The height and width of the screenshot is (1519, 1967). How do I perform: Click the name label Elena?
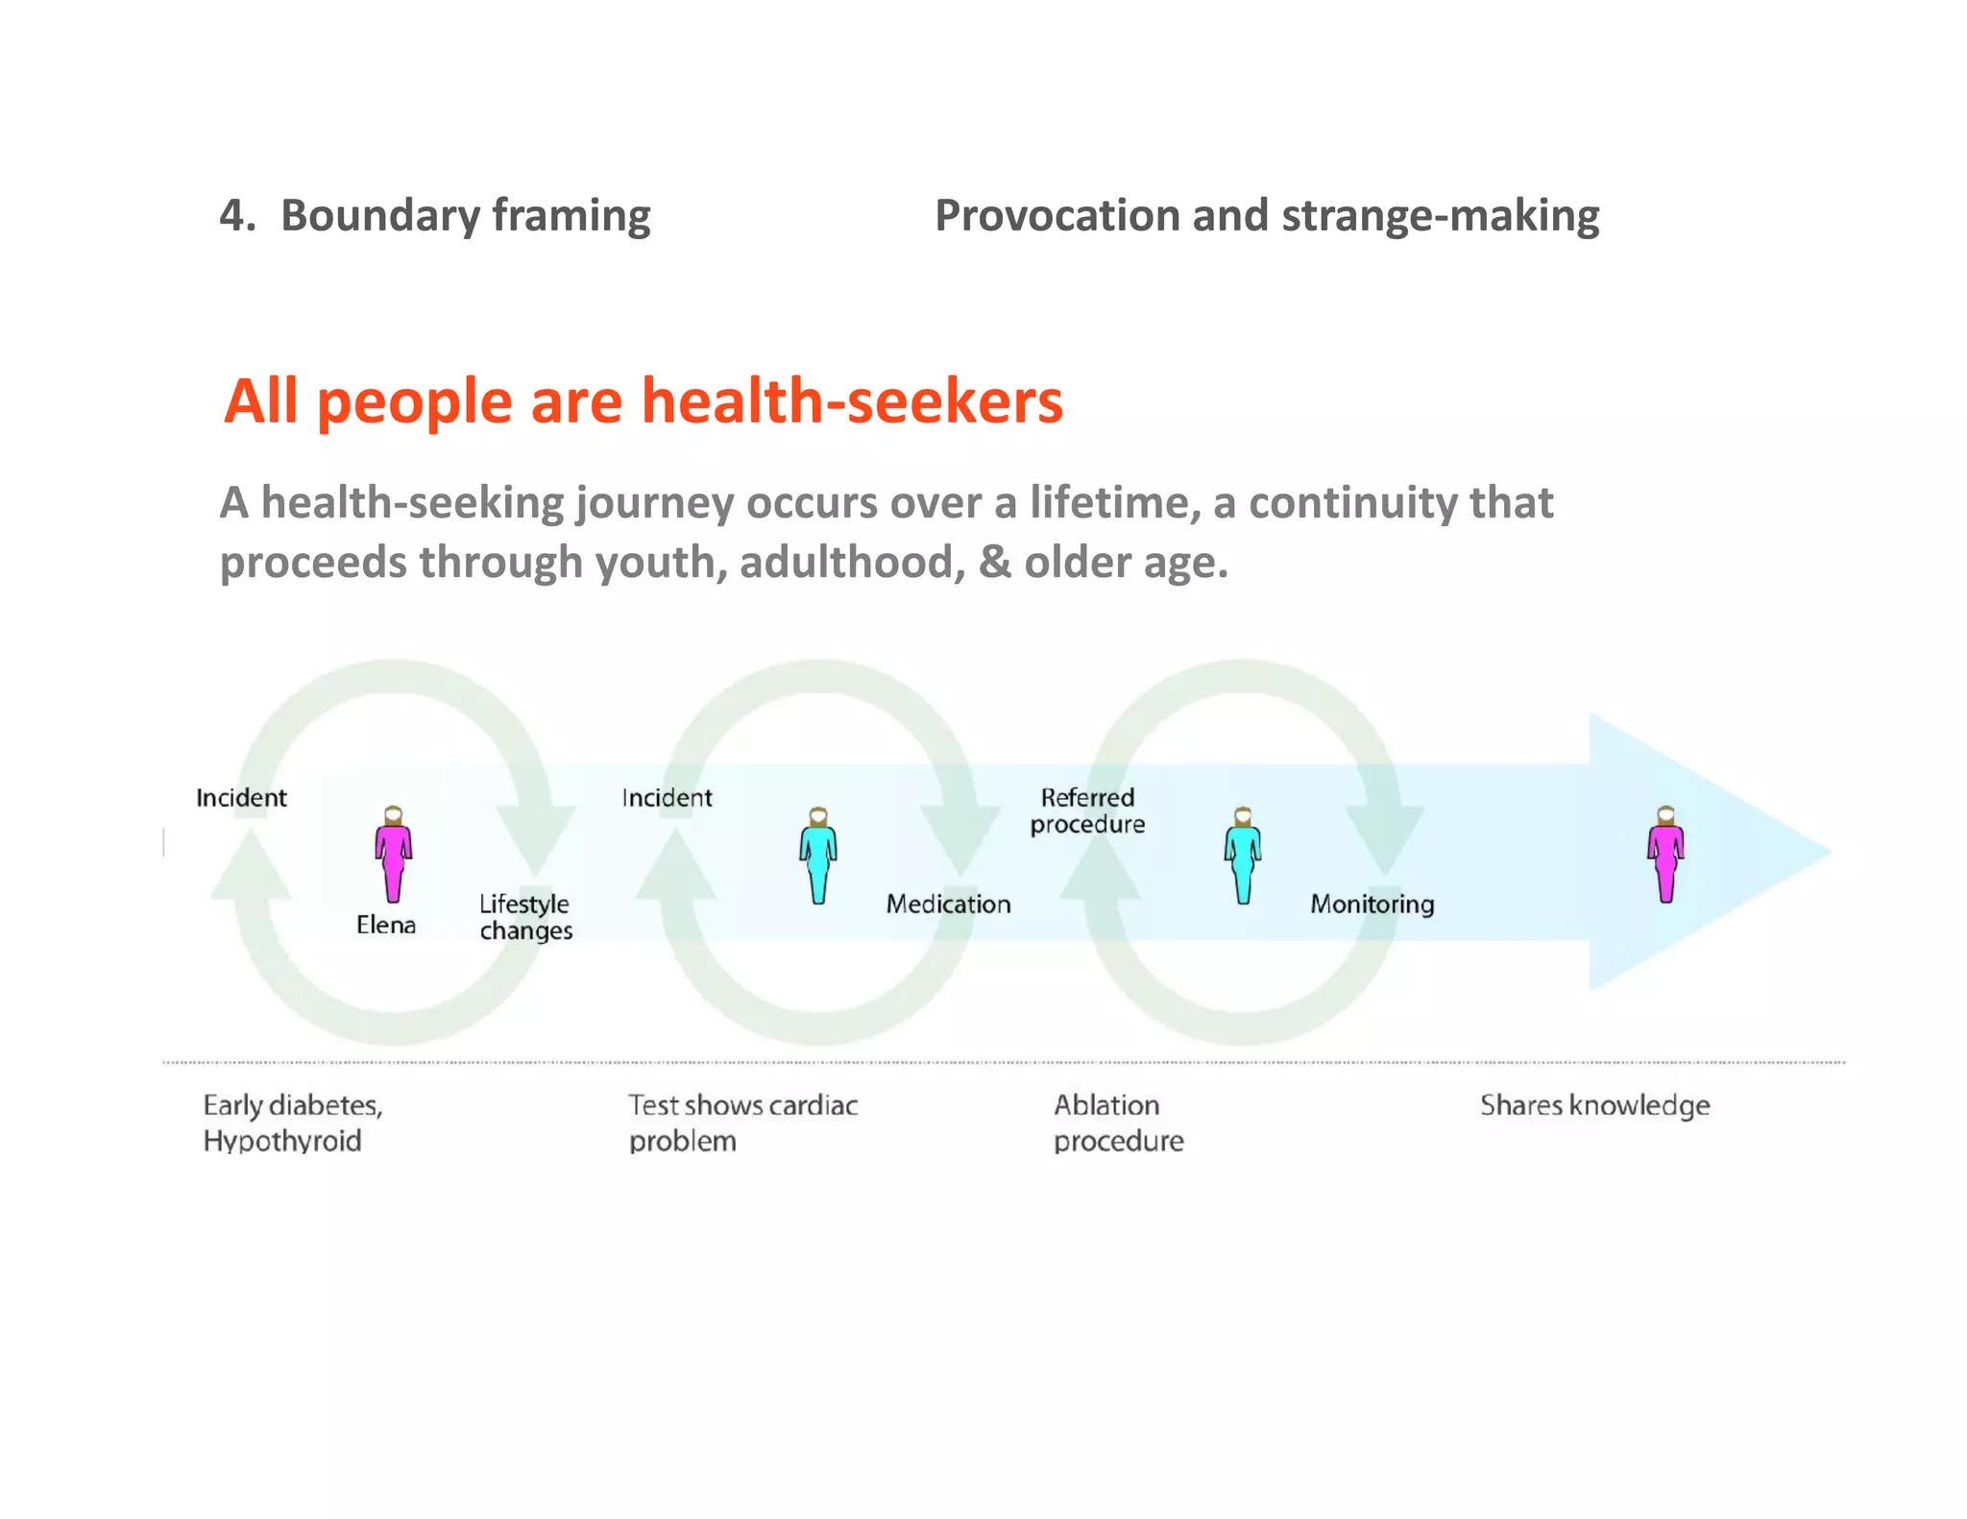pyautogui.click(x=386, y=925)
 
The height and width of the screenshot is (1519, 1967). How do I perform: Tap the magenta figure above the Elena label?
pyautogui.click(x=393, y=855)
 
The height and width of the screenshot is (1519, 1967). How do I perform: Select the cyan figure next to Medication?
pyautogui.click(x=818, y=856)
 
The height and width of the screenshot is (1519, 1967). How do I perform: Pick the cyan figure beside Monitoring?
pyautogui.click(x=1243, y=856)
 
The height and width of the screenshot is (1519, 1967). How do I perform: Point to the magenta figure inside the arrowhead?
pyautogui.click(x=1665, y=855)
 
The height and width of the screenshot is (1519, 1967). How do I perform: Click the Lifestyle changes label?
pyautogui.click(x=525, y=917)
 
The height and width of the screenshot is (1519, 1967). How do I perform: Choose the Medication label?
pyautogui.click(x=948, y=904)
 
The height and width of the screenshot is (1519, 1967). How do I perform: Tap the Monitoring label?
pyautogui.click(x=1372, y=904)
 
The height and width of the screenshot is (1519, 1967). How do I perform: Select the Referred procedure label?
pyautogui.click(x=1087, y=810)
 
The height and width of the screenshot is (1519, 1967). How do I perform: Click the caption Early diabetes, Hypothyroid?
pyautogui.click(x=293, y=1122)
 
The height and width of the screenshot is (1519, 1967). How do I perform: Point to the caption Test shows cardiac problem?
pyautogui.click(x=742, y=1122)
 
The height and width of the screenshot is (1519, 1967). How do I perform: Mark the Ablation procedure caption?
pyautogui.click(x=1118, y=1122)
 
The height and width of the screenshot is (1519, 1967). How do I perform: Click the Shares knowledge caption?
pyautogui.click(x=1594, y=1106)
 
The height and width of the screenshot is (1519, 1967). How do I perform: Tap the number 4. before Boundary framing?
pyautogui.click(x=237, y=215)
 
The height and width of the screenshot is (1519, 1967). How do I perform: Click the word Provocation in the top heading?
pyautogui.click(x=1057, y=215)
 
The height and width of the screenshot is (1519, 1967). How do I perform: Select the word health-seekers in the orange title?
pyautogui.click(x=852, y=400)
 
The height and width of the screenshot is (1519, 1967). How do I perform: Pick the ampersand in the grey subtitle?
pyautogui.click(x=994, y=562)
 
